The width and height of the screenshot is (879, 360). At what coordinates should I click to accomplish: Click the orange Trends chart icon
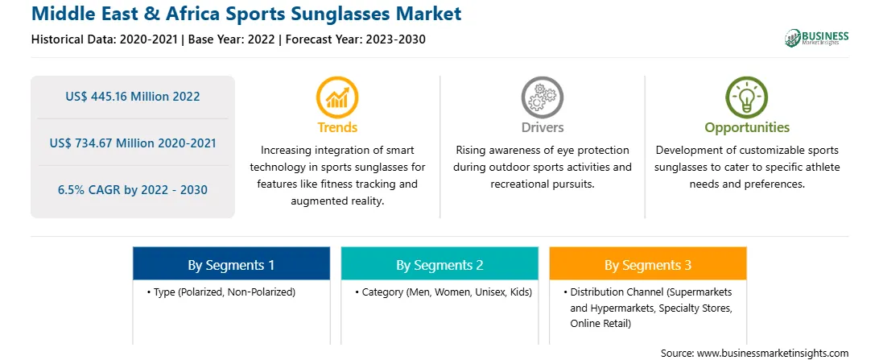point(337,97)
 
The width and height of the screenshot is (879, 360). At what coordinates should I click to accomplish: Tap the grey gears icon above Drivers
point(542,97)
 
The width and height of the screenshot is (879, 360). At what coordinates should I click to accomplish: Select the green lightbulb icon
point(747,97)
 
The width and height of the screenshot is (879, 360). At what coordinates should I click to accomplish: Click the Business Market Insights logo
point(817,38)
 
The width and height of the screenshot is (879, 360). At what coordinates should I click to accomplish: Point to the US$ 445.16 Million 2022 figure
point(132,97)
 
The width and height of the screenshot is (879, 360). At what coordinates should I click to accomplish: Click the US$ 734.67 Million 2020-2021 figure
point(132,143)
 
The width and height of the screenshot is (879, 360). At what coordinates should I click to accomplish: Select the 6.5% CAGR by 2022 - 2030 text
point(132,190)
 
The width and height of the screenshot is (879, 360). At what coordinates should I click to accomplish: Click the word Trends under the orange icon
point(337,127)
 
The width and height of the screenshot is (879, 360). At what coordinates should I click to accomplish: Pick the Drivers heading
point(542,127)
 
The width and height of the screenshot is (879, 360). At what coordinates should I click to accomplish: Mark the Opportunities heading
point(747,128)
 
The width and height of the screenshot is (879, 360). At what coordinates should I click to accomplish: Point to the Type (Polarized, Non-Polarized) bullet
point(221,292)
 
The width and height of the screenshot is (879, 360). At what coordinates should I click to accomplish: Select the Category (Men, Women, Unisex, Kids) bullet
point(444,292)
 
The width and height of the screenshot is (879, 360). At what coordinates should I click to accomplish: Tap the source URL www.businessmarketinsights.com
point(773,353)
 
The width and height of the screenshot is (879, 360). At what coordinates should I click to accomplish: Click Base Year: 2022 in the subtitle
point(232,39)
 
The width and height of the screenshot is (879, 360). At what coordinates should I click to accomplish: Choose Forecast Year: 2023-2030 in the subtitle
point(353,39)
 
